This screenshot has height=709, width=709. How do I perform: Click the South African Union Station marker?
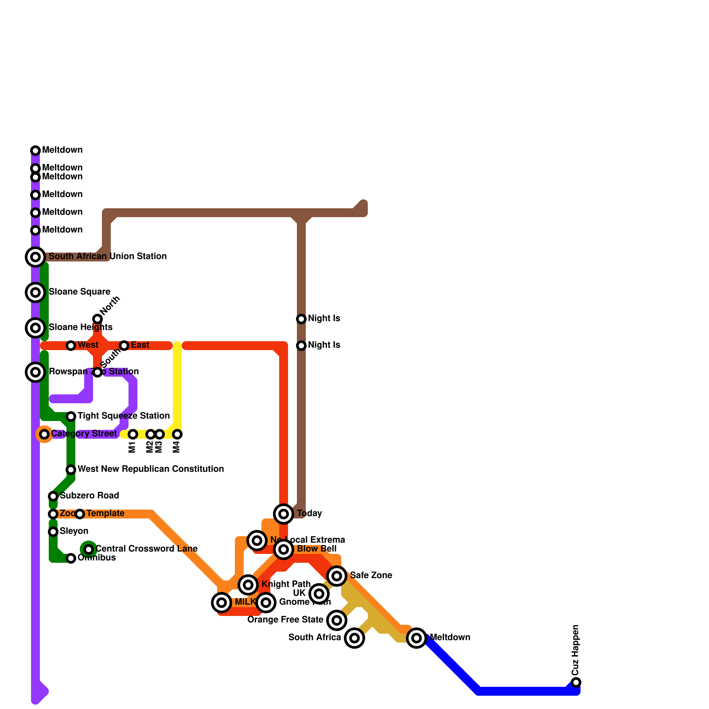coord(35,257)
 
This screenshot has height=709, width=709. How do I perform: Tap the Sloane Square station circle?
coord(35,292)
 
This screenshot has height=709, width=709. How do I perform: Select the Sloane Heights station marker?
coord(35,328)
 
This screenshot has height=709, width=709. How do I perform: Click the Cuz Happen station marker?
coord(576,682)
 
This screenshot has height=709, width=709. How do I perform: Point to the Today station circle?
coord(284,514)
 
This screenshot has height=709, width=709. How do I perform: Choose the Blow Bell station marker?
coord(284,549)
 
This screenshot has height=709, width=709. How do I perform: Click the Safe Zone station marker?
coord(337,576)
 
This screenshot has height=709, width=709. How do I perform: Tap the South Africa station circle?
coord(354,638)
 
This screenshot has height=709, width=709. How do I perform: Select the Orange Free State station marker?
coord(337,620)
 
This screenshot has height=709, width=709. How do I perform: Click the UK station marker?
coord(319,593)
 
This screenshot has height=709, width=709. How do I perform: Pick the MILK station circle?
coord(222,603)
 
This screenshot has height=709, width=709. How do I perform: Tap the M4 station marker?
coord(177,434)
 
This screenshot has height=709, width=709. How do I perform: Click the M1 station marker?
coord(133,434)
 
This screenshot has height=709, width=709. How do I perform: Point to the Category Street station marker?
coord(44,434)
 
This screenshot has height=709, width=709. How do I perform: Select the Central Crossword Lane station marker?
coord(89,549)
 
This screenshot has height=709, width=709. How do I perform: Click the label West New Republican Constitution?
coord(151,469)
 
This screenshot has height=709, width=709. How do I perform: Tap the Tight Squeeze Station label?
coord(124,416)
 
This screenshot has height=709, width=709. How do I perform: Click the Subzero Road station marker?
coord(53,496)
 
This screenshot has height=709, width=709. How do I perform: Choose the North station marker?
coord(97,319)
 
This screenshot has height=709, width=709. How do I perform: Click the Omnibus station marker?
coord(71,558)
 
